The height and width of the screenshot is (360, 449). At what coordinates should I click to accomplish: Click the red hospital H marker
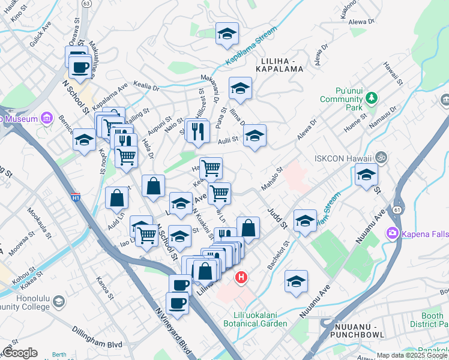(x=241, y=277)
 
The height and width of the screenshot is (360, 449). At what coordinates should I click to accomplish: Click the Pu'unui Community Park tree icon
(x=372, y=97)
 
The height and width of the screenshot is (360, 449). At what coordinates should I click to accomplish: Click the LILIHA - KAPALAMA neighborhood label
(x=285, y=65)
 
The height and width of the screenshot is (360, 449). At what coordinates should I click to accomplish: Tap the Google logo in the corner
(x=20, y=353)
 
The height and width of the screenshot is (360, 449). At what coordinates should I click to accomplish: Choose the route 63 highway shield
(x=87, y=3)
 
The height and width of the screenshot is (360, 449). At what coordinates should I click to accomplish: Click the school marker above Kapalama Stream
(x=227, y=34)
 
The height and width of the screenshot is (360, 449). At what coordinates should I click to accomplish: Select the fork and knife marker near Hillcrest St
(x=197, y=131)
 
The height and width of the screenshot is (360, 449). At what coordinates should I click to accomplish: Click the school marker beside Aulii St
(x=255, y=137)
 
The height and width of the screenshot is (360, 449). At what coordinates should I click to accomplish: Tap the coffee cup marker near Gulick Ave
(x=80, y=67)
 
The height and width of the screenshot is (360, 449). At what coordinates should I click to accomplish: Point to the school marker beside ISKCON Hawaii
(x=366, y=176)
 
